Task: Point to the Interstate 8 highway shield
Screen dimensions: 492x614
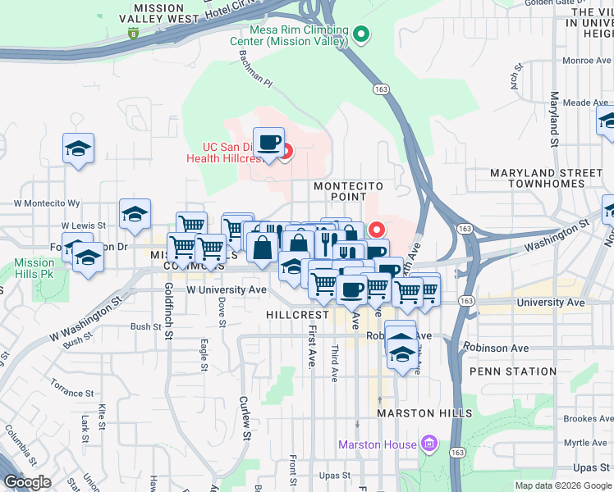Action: (133, 34)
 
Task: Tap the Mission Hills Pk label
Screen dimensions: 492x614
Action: (34, 268)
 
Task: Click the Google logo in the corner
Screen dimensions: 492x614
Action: (27, 482)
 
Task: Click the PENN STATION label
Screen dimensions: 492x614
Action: (512, 371)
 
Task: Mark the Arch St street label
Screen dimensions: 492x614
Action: (515, 80)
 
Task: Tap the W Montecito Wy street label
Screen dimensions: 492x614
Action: (47, 203)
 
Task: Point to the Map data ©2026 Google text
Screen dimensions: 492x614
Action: (563, 485)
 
